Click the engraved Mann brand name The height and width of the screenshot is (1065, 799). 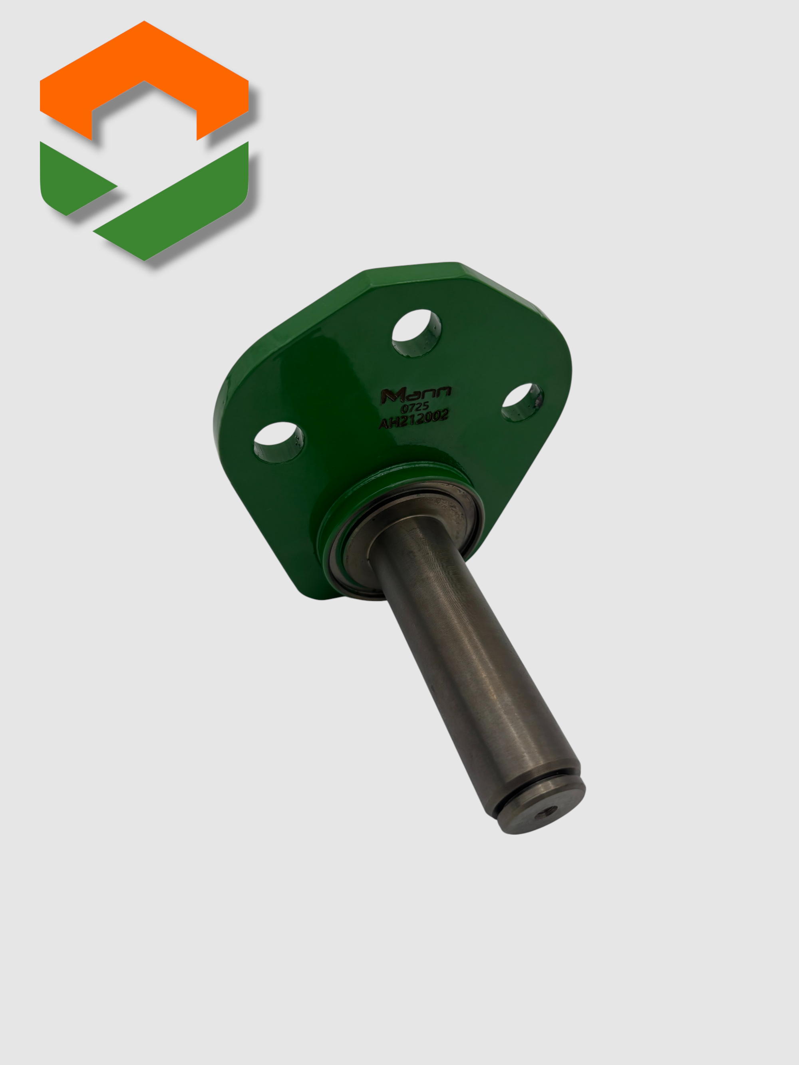(415, 394)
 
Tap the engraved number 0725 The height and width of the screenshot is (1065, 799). (415, 408)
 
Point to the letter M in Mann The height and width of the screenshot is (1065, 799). (389, 396)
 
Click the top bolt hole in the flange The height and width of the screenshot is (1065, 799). (417, 333)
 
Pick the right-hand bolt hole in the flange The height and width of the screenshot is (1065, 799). (522, 402)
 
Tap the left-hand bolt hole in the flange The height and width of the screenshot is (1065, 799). (278, 442)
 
